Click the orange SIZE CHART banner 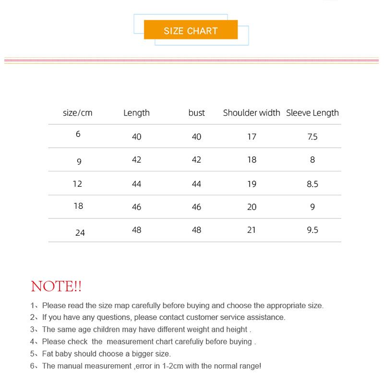tap(191, 30)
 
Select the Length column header tap(136, 113)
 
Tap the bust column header tap(196, 113)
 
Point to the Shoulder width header tap(252, 113)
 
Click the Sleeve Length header tap(312, 113)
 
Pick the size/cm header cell tap(77, 113)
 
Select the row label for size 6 tap(78, 134)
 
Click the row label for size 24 tap(80, 233)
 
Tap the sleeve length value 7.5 tap(312, 137)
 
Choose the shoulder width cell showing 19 tap(252, 184)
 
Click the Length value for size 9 tap(136, 159)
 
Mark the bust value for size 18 tap(196, 207)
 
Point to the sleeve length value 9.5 tap(312, 230)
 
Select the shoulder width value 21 tap(252, 230)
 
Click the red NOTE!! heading tap(56, 287)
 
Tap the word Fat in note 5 tap(48, 354)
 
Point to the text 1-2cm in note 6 tap(173, 366)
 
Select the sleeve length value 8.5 tap(312, 184)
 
